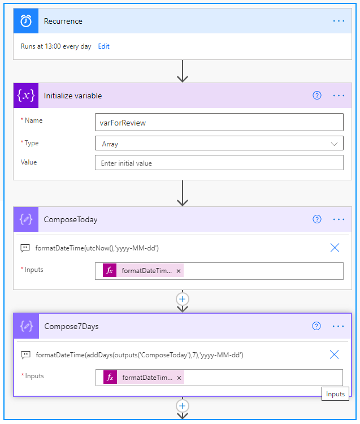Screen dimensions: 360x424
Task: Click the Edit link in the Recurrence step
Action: (103, 46)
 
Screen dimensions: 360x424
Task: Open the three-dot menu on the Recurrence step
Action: (339, 21)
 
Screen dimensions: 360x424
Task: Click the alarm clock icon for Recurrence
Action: (26, 21)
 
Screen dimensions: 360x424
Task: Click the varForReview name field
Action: (219, 122)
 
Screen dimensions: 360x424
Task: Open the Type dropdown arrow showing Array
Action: (335, 144)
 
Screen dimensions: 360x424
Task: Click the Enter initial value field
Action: (219, 162)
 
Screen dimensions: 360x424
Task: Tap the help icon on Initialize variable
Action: (317, 95)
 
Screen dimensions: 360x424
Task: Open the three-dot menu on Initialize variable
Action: (339, 96)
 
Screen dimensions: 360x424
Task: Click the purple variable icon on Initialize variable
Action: (26, 96)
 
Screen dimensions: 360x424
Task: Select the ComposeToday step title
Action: (71, 219)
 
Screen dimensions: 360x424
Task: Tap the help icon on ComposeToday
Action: (317, 219)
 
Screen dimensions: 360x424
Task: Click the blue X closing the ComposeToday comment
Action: (335, 248)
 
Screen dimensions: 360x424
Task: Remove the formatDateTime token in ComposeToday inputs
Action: (179, 271)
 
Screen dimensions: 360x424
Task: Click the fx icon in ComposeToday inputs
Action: (110, 270)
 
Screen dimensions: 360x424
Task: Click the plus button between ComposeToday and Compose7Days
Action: (183, 299)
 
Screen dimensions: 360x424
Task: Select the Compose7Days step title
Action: (71, 326)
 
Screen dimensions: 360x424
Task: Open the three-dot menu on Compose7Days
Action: (338, 326)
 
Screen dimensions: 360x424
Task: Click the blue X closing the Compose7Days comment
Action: (334, 354)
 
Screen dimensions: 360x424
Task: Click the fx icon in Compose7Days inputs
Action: (110, 377)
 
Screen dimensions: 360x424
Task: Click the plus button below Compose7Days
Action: (183, 406)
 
